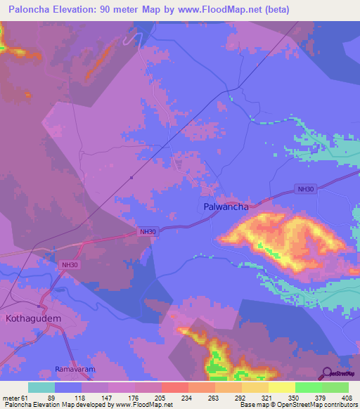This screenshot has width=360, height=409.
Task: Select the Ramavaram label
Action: pos(74,369)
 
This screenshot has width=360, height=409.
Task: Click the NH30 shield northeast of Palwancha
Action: pos(304,189)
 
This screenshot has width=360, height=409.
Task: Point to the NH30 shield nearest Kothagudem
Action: pos(69,264)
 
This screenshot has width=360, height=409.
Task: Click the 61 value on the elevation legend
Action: pos(25,397)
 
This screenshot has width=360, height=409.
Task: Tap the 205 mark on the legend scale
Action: pos(161,397)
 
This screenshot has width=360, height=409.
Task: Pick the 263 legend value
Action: pos(214,397)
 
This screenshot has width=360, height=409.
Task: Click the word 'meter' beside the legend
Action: pos(10,397)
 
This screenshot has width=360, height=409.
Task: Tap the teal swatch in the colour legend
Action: pos(41,387)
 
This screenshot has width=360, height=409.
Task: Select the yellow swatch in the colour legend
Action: pos(281,387)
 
